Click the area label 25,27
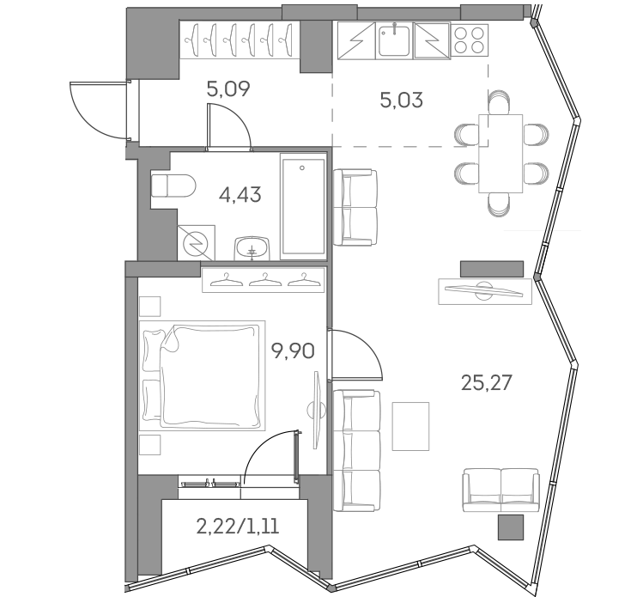pos(486,382)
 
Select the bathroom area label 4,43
pos(240,195)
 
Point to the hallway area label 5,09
pos(228,88)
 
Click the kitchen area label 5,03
pos(401,100)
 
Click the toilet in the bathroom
pos(171,186)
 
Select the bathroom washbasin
pos(252,247)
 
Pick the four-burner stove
pos(468,40)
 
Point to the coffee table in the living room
pos(410,426)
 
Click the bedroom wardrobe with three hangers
pos(264,280)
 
